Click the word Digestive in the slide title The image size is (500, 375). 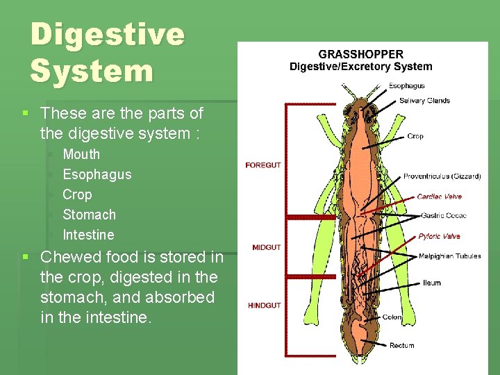tap(108, 35)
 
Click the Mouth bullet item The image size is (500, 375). tap(81, 154)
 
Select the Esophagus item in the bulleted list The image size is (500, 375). tap(97, 174)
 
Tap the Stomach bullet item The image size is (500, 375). tap(89, 215)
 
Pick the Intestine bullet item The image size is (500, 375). tap(88, 235)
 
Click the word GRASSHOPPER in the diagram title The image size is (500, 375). tap(360, 54)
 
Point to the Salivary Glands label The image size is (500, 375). tap(424, 101)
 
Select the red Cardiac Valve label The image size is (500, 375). tap(439, 197)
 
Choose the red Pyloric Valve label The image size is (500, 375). tap(439, 236)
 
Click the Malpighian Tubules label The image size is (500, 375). tap(449, 256)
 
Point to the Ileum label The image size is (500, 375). tap(431, 283)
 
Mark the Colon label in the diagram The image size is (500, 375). tap(392, 317)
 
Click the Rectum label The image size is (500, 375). tap(401, 345)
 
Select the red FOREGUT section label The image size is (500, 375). tap(263, 165)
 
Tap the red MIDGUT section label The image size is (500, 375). tap(267, 247)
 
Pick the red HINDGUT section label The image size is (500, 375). tap(265, 306)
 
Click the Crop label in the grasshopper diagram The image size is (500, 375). tap(415, 136)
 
